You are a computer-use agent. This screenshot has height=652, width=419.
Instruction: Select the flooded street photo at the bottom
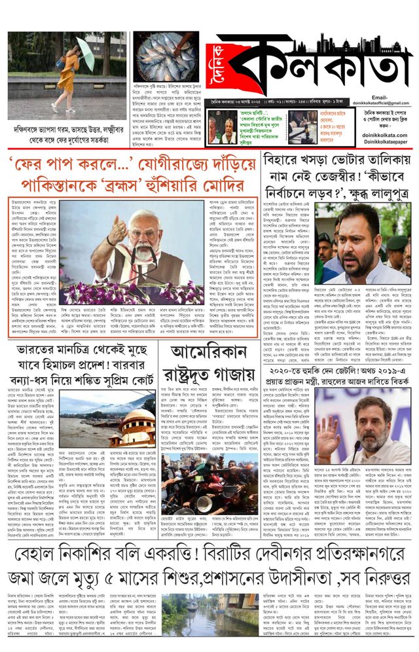tap(191, 622)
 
